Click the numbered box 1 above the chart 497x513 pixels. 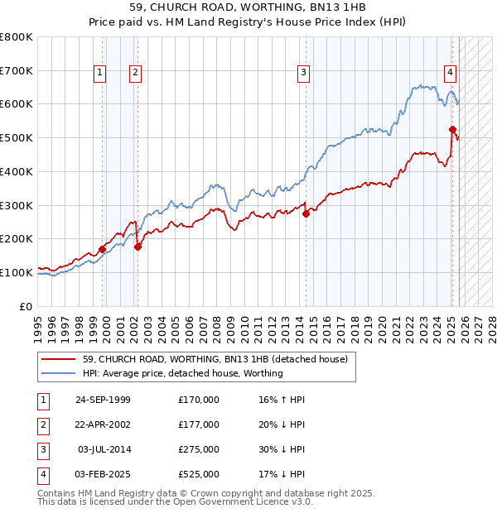tap(99, 73)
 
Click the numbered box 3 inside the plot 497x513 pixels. tap(304, 73)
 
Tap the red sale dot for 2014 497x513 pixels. tap(306, 213)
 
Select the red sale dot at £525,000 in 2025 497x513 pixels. tap(452, 129)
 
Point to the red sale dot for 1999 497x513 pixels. tap(102, 248)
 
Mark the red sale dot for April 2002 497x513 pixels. tap(138, 246)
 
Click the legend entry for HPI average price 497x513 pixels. tap(183, 373)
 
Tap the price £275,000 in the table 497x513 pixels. tap(199, 449)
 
